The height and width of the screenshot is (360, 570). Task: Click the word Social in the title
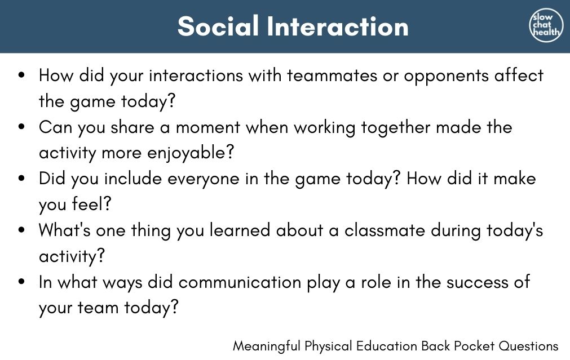pos(218,26)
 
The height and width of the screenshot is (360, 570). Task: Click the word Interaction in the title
pos(338,26)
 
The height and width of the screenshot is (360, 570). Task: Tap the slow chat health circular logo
pos(546,25)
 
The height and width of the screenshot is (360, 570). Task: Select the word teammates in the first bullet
pos(332,75)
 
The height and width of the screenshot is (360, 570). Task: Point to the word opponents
pos(447,76)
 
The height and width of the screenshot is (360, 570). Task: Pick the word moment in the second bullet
pos(208,127)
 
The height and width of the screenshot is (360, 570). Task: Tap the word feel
pos(91,203)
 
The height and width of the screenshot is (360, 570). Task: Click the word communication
pos(240,282)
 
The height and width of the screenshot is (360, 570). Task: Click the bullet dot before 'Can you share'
pos(22,127)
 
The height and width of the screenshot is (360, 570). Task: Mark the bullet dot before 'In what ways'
pos(22,282)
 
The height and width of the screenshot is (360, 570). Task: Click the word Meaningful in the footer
pos(267,346)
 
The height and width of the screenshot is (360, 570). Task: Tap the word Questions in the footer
pos(528,346)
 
